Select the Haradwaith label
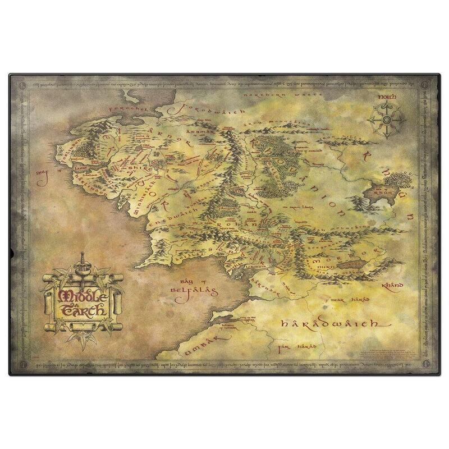point(319,324)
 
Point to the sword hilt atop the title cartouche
point(82,259)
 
